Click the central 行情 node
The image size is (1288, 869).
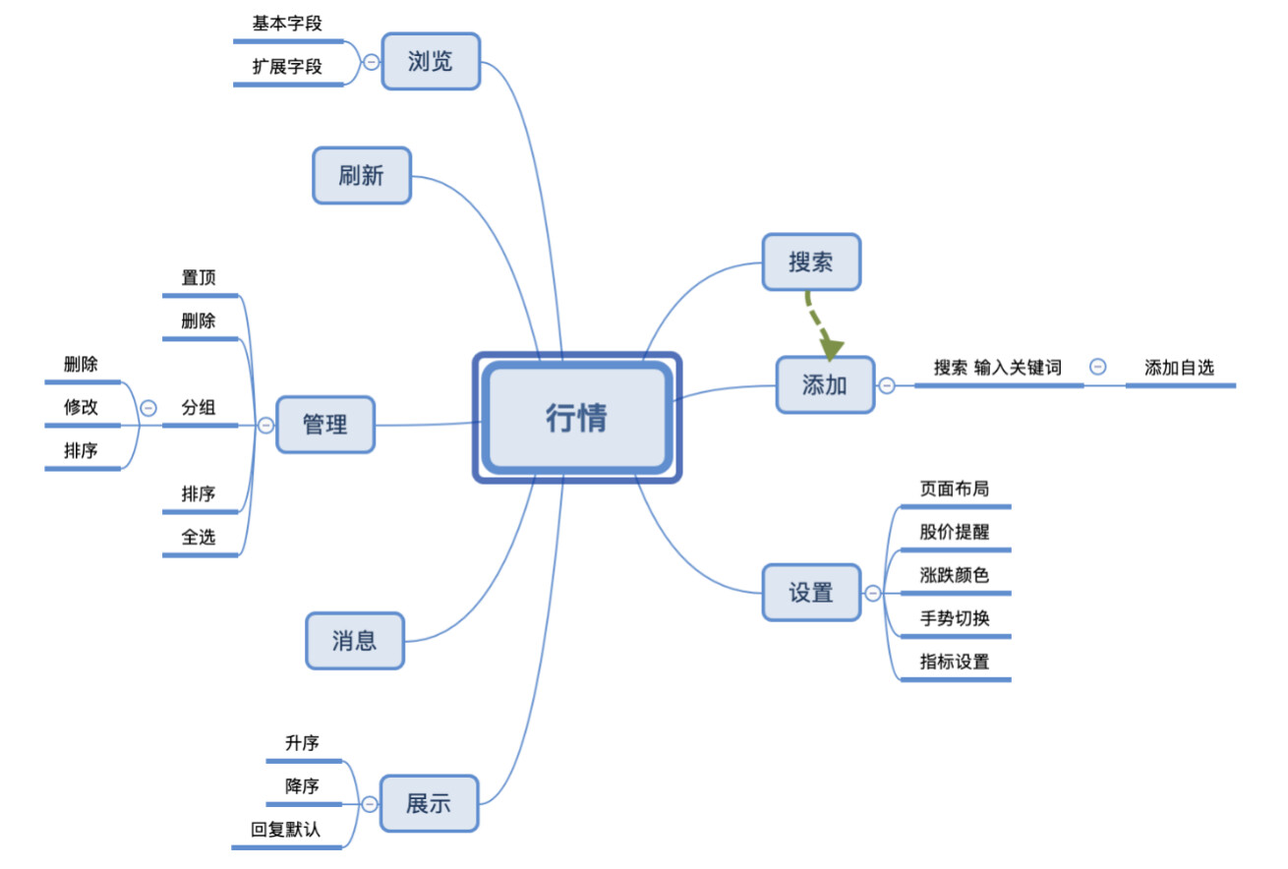point(577,418)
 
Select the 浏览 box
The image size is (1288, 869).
point(431,61)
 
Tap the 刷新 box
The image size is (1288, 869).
point(361,176)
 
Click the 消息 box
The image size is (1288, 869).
point(354,641)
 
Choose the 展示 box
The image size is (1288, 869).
point(429,803)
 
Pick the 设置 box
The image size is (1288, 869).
point(811,593)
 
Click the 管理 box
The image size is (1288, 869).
point(324,425)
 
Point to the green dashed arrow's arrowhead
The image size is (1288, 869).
point(832,347)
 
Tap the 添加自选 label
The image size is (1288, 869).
point(1179,368)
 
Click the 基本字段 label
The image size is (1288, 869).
point(287,24)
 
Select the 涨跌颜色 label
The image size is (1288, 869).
point(954,575)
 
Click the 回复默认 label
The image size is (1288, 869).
point(285,829)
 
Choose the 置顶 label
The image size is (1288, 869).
point(199,277)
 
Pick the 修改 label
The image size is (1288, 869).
point(82,407)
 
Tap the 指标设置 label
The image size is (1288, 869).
point(954,662)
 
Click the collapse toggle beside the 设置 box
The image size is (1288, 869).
point(872,593)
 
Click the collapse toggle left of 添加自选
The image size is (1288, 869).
point(1098,367)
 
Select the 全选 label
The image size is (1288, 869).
point(199,537)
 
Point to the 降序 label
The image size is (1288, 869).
point(302,785)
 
